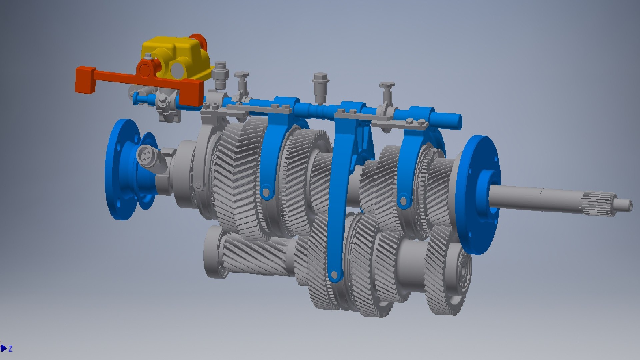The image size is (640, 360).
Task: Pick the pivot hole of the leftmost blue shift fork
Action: (266, 192)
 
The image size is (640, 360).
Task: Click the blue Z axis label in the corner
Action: (10, 349)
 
